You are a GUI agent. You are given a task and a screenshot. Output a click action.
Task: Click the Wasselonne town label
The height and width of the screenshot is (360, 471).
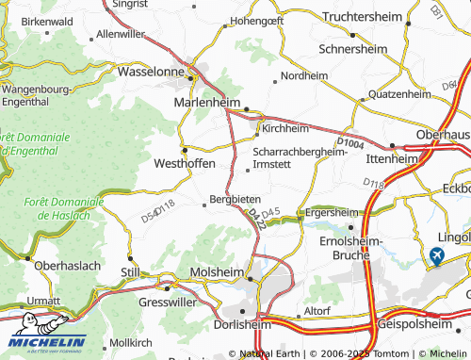[154, 71]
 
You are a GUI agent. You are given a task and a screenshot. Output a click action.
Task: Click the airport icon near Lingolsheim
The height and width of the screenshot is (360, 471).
[436, 254]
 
